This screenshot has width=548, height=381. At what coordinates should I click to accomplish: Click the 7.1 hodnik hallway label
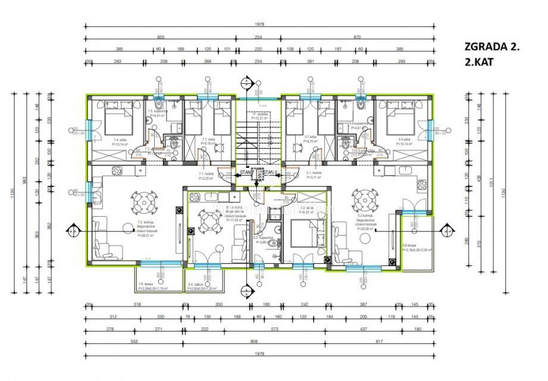[x=206, y=176]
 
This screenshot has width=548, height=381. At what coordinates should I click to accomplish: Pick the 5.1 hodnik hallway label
[x=314, y=176]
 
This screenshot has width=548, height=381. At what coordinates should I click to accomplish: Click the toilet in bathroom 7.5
[x=158, y=104]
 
